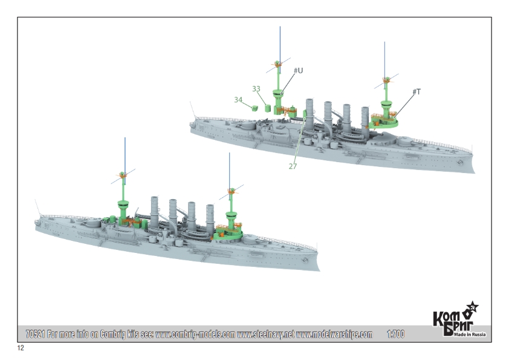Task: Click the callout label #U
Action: click(298, 71)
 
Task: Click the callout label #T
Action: click(417, 91)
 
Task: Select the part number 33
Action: click(256, 88)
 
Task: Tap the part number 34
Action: click(238, 99)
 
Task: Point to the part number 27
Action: click(293, 166)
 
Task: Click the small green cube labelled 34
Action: click(255, 108)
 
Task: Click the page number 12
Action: click(21, 349)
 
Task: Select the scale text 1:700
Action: click(395, 334)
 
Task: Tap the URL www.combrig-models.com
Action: click(195, 334)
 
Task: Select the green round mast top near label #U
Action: click(278, 93)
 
